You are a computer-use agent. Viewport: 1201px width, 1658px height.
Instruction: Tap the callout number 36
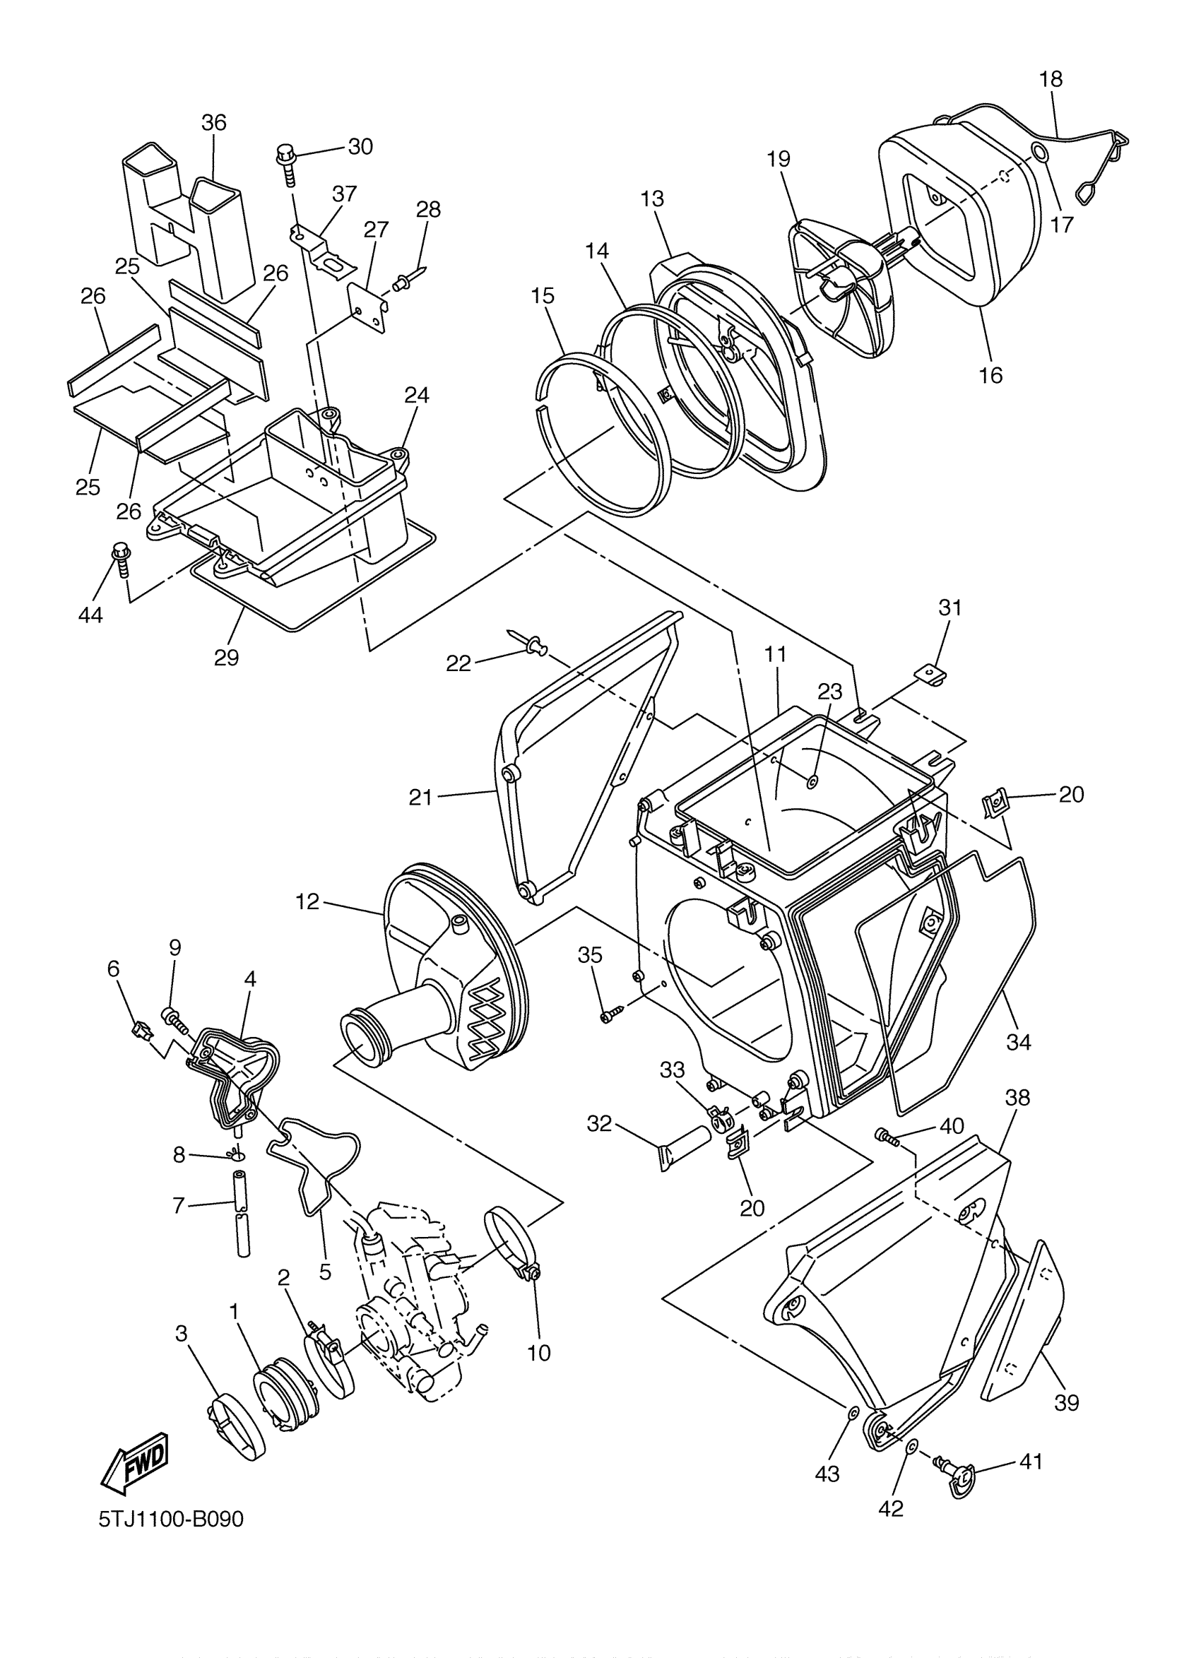(x=214, y=123)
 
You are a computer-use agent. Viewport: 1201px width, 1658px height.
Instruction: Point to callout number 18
(x=1051, y=79)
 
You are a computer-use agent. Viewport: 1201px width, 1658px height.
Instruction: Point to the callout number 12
(x=308, y=902)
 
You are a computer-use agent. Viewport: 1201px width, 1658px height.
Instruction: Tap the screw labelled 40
(x=887, y=1136)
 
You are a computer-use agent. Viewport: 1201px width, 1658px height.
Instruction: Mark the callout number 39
(x=1067, y=1403)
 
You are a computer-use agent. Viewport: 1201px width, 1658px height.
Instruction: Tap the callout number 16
(x=991, y=375)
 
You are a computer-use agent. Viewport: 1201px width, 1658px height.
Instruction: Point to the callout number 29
(x=227, y=657)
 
